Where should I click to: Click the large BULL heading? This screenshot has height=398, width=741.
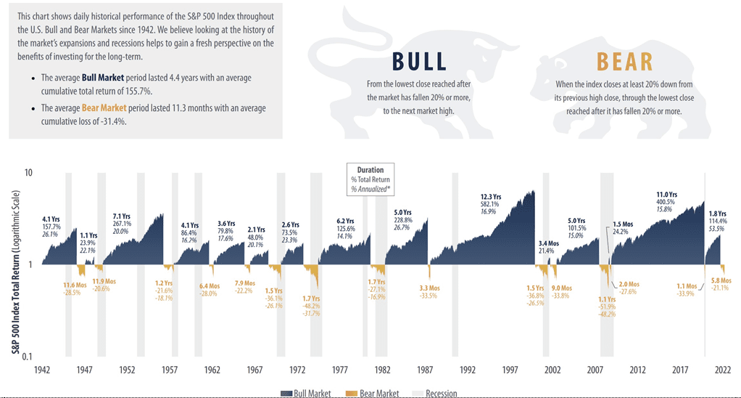[x=419, y=62]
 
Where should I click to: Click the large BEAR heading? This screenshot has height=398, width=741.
[x=624, y=62]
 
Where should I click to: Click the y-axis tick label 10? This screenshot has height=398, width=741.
[x=28, y=173]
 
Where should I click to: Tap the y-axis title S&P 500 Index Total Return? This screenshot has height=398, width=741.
[x=15, y=266]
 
